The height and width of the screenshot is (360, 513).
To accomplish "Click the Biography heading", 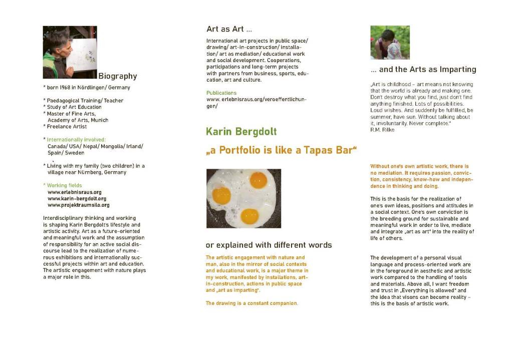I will coord(117,77).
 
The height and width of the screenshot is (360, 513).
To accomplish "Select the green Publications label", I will coord(221,93).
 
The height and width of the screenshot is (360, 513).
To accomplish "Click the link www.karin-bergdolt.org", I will coord(77,199).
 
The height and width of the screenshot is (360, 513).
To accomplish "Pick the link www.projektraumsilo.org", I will coord(78,205).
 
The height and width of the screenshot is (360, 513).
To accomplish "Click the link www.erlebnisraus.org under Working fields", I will coord(74,192).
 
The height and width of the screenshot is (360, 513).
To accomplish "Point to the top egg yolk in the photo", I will coord(258,180).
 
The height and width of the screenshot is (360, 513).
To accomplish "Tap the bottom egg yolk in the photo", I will coord(249,216).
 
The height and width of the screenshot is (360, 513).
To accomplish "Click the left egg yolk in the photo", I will coord(221,195).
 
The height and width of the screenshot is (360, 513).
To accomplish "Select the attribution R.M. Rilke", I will coord(382,130).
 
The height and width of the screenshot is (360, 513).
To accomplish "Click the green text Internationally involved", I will coord(76,140).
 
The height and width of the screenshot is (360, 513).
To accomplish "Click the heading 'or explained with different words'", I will coord(269,245).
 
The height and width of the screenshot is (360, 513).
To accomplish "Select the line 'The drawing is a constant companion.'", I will coord(251,303).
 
